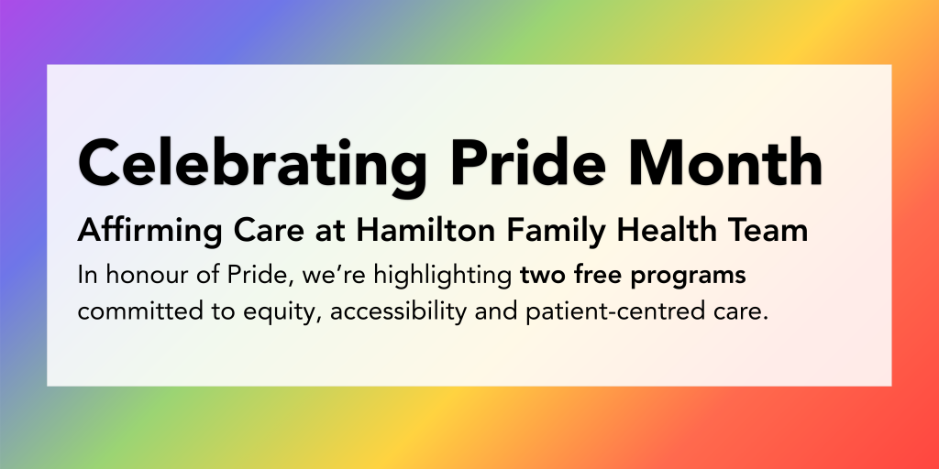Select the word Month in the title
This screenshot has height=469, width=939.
pos(738,163)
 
